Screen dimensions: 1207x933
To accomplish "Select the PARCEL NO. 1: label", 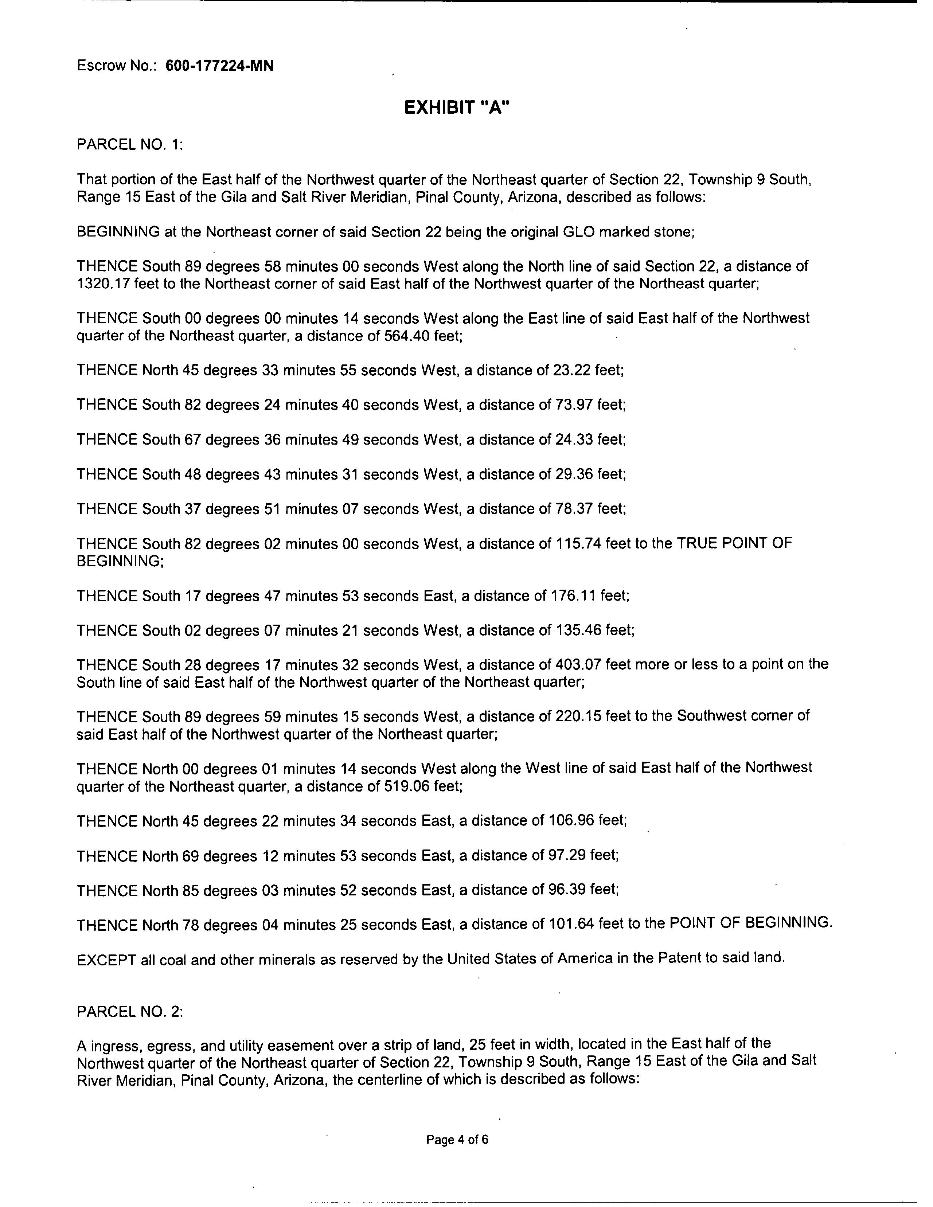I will pyautogui.click(x=130, y=145).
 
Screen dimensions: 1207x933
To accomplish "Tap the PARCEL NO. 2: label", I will pyautogui.click(x=130, y=1011).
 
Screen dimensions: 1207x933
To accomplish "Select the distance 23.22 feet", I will pyautogui.click(x=587, y=370).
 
